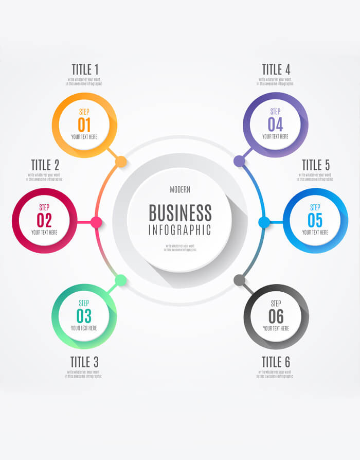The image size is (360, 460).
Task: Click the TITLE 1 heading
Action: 85,69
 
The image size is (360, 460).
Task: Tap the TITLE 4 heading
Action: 276,69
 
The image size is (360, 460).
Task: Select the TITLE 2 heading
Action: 45,165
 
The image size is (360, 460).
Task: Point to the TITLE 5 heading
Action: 316,165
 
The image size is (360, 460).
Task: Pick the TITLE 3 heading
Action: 84,362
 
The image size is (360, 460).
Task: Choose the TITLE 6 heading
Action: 276,362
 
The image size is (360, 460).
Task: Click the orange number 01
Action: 84,125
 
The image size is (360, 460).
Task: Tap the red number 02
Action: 44,220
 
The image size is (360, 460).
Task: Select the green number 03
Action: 84,315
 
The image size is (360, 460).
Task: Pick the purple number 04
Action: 275,125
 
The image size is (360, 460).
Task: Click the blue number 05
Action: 315,220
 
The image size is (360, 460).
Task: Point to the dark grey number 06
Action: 276,316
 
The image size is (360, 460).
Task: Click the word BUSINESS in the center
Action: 180,213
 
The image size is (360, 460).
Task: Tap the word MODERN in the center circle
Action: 180,190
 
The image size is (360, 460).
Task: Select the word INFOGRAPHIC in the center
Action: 180,230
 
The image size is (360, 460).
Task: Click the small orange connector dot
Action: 121,162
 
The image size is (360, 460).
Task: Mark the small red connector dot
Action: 96,222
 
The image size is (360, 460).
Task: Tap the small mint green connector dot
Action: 121,280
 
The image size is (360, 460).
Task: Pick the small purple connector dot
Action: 239,162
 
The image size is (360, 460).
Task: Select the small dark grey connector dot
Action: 239,280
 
